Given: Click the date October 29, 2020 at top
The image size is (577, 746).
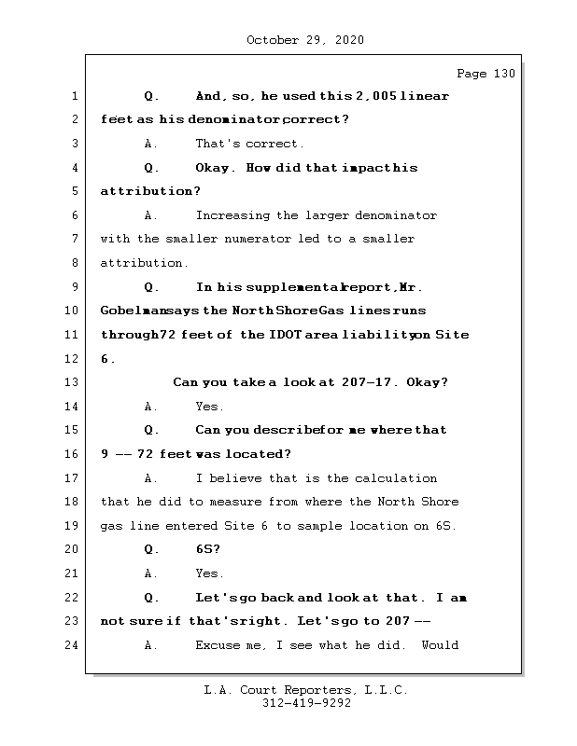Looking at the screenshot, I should point(304,40).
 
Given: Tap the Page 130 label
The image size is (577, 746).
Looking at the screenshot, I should point(486,74).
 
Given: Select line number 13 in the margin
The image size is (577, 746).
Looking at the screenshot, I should point(74,382).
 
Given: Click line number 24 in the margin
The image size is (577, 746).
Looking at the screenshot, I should point(74,644).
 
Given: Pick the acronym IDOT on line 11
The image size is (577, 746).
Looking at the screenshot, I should point(285,335).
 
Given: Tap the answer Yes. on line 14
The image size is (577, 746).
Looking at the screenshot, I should point(209,407).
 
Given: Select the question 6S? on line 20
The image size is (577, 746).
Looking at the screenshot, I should point(207,549).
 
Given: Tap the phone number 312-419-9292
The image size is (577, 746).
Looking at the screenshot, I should point(305,704).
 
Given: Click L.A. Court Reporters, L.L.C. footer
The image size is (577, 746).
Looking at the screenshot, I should point(305,691).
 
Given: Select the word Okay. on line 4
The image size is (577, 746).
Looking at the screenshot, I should point(217,168).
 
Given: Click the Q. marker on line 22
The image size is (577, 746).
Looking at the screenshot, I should point(152,597).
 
